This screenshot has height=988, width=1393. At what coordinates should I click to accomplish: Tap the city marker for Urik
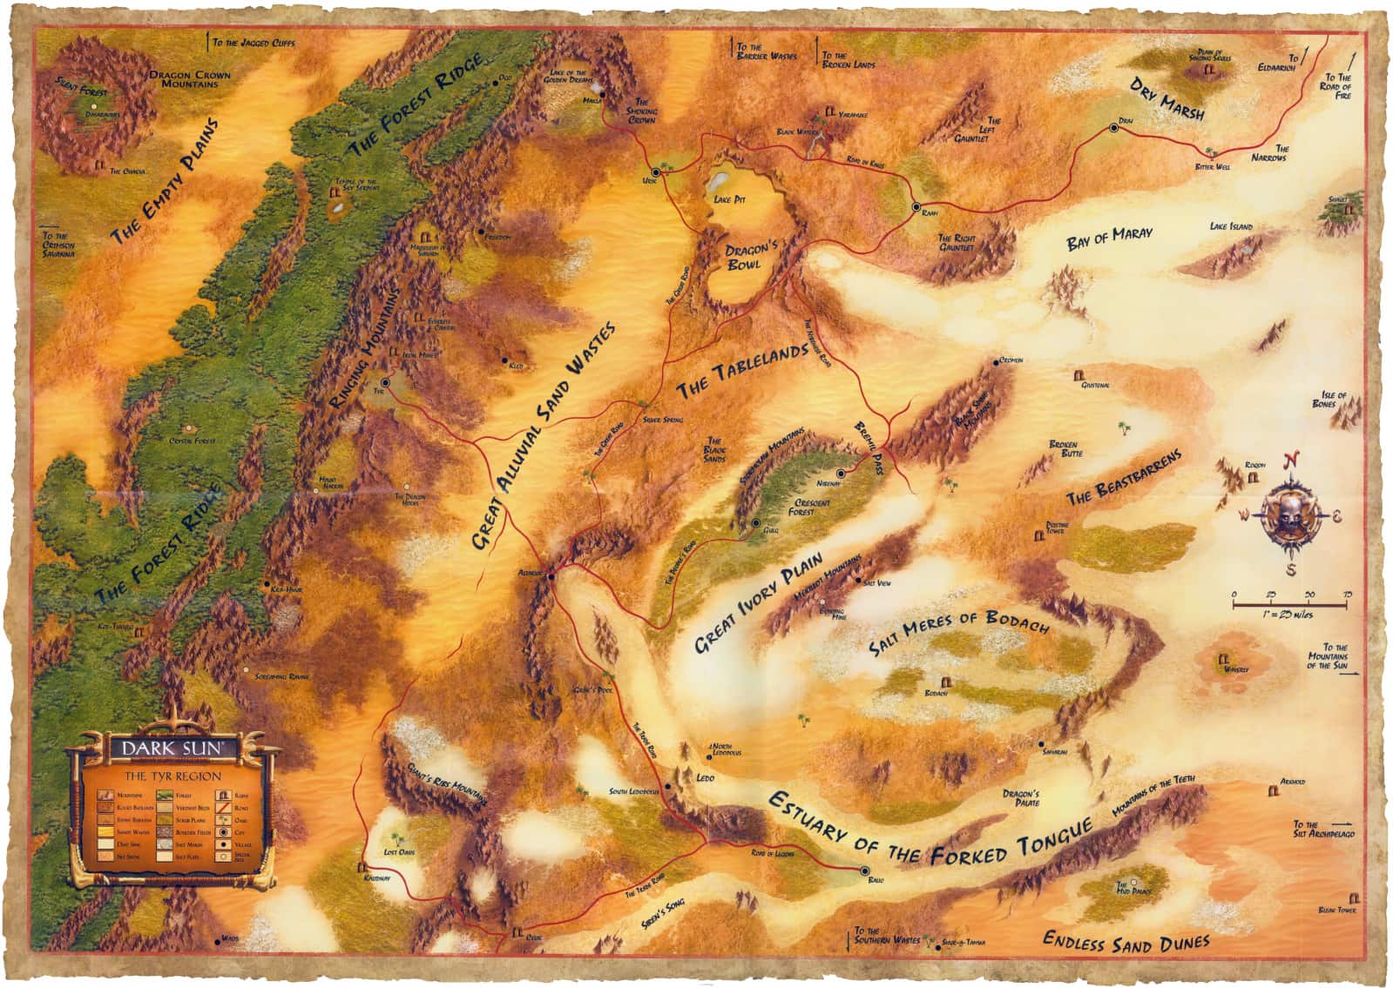655,171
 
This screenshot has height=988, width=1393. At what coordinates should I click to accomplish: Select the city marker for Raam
916,206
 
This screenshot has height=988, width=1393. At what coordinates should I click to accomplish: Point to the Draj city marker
1113,128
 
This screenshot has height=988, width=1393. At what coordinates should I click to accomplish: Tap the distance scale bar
1290,602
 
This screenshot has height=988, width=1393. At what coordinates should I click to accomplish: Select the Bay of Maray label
1109,238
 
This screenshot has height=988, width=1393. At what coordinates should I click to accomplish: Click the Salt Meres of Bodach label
958,633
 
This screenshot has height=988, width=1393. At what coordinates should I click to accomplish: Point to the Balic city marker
864,870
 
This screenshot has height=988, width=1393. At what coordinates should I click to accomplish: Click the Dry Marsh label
1166,99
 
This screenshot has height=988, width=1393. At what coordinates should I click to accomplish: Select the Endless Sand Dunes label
1126,942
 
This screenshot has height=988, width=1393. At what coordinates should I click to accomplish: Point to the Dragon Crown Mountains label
190,80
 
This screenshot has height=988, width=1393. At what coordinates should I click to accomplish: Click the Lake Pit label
729,199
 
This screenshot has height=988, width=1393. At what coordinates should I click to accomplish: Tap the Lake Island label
1231,226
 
